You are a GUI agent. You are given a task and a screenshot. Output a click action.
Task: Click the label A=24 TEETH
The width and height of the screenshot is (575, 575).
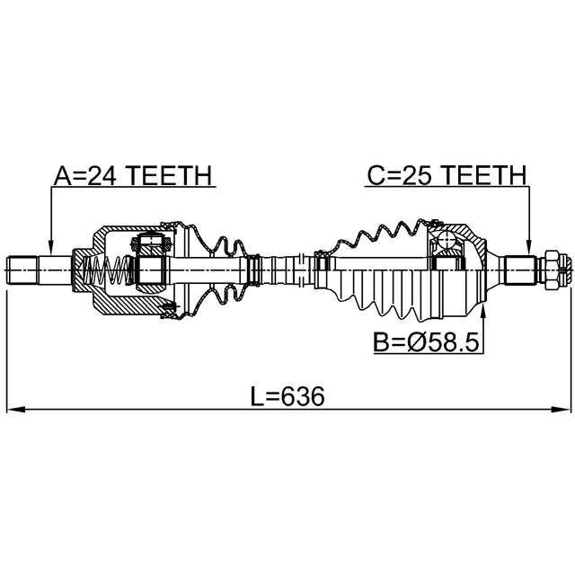click(x=133, y=175)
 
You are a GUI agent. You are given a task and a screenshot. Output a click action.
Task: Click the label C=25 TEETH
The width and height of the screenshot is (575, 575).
click(x=447, y=175)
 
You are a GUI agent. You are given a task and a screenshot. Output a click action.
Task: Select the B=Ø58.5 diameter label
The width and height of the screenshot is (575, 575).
click(x=426, y=342)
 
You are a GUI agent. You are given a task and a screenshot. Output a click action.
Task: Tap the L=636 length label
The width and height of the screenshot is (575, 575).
click(x=287, y=397)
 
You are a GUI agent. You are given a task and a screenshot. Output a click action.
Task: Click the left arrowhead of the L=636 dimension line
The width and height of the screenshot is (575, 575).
click(x=16, y=410)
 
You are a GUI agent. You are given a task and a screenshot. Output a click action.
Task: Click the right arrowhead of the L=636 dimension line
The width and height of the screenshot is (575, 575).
click(x=562, y=410)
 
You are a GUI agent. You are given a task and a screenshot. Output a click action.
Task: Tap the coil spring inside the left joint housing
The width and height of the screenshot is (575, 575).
click(x=107, y=270)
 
